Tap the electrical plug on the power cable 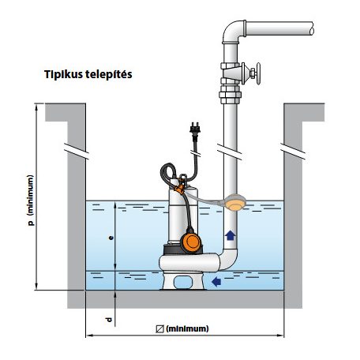(x=195, y=130)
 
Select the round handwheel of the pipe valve (x=258, y=73)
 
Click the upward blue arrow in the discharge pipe (x=231, y=235)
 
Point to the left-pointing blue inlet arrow (x=216, y=282)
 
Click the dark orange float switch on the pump (x=191, y=242)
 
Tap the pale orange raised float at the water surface (x=235, y=203)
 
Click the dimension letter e (x=111, y=238)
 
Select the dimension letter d (x=108, y=320)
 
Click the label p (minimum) (x=31, y=201)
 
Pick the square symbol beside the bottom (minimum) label (x=159, y=329)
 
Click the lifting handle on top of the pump (x=183, y=178)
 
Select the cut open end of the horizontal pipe (x=312, y=28)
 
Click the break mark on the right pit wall (x=293, y=151)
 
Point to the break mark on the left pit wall (x=77, y=151)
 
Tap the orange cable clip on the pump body (x=180, y=189)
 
